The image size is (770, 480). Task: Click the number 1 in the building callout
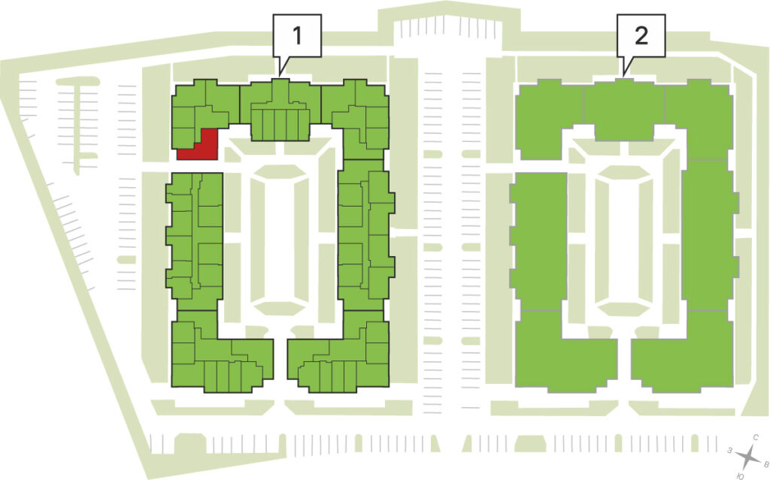[296, 35]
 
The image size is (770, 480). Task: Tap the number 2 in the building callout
[641, 35]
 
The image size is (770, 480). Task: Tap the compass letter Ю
[741, 475]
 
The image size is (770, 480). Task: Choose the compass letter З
[730, 450]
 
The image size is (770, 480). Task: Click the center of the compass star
[748, 457]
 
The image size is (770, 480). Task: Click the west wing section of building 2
[538, 240]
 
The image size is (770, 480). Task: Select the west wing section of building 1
[195, 240]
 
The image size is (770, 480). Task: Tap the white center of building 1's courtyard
[280, 240]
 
